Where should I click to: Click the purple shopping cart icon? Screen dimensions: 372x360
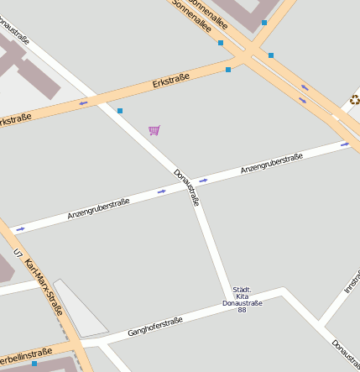click(154, 130)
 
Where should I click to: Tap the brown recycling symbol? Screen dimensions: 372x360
click(355, 101)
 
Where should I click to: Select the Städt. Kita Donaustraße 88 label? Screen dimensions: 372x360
click(242, 299)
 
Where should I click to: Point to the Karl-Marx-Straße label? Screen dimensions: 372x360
click(44, 286)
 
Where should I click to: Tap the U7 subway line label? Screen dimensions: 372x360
click(18, 254)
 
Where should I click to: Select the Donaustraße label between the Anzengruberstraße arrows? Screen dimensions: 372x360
click(186, 187)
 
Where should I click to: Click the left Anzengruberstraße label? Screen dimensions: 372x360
click(98, 209)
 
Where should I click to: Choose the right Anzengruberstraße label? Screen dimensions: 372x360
click(271, 164)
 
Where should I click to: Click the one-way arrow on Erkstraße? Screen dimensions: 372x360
click(83, 103)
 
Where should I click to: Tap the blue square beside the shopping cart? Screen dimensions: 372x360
click(120, 111)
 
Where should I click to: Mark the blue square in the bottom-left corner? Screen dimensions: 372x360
click(34, 364)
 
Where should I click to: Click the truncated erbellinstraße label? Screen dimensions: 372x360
click(25, 354)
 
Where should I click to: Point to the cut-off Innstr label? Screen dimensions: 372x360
click(351, 281)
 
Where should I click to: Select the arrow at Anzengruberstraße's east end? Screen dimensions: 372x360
click(345, 144)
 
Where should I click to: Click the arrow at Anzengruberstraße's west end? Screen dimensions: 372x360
click(20, 228)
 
